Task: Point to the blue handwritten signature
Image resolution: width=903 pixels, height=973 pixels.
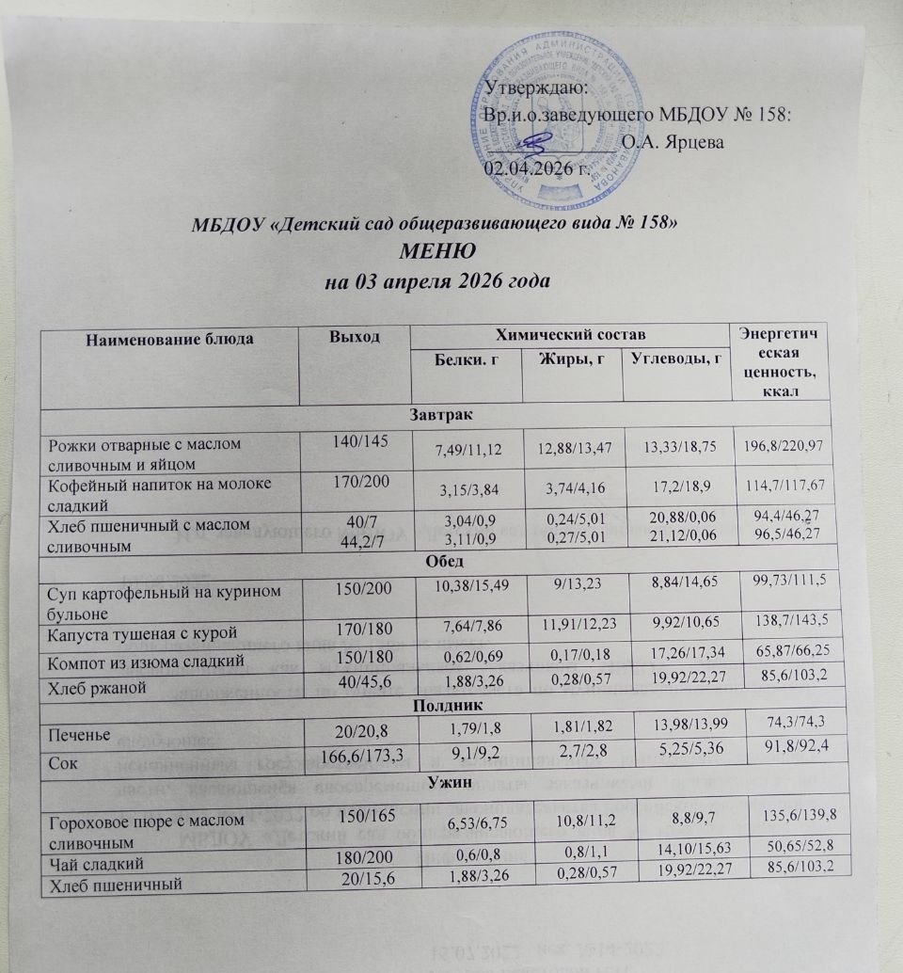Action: coord(538,144)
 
